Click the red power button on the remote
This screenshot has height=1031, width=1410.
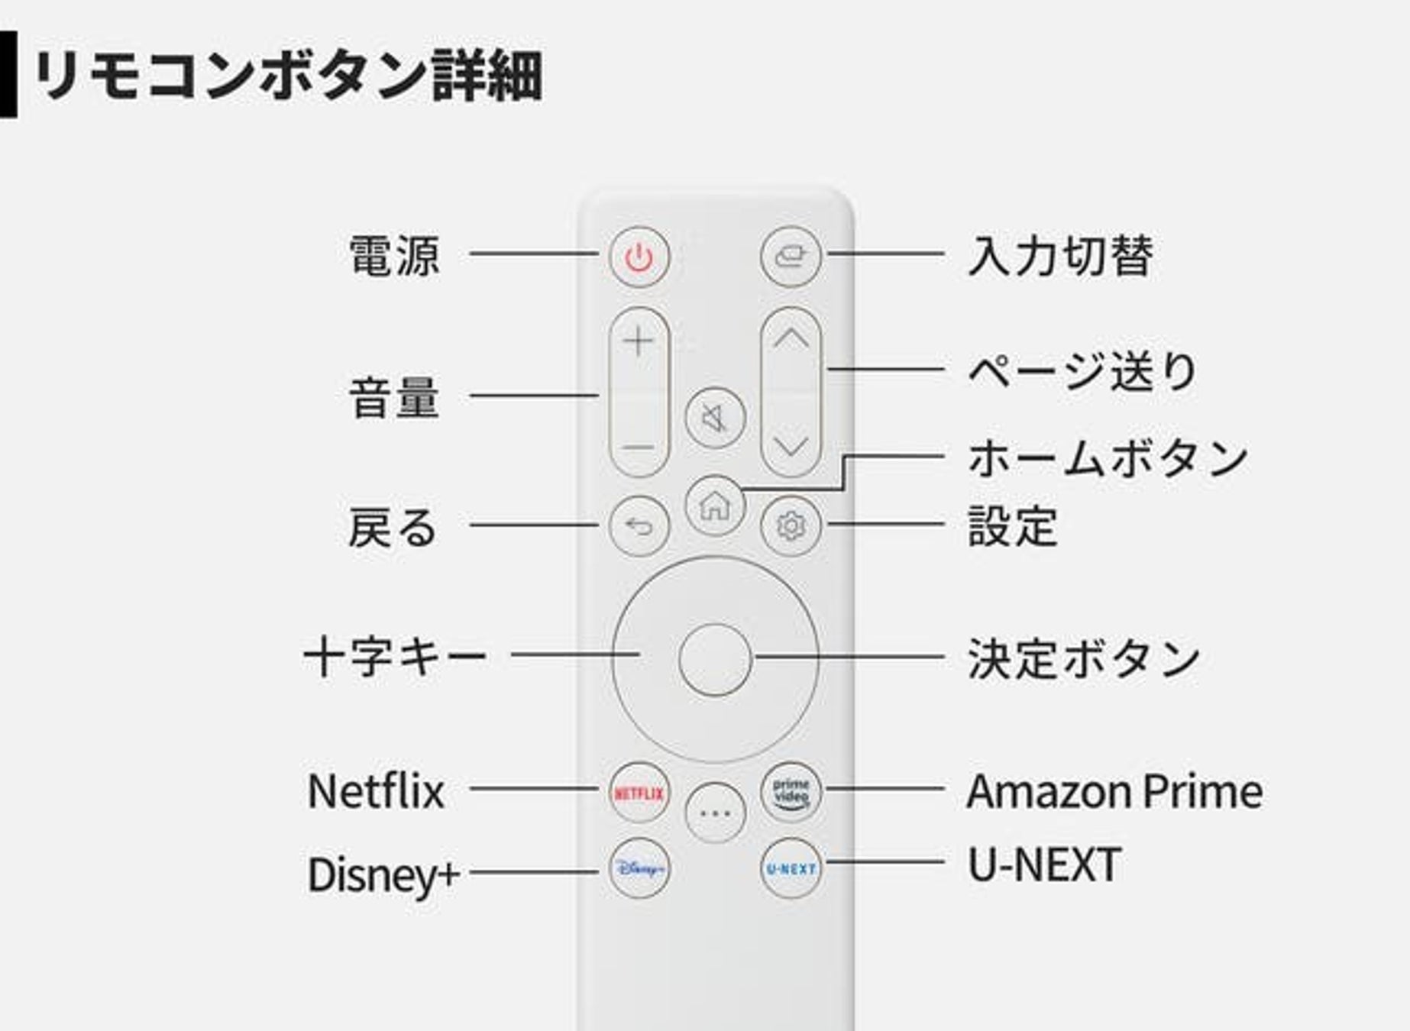click(639, 257)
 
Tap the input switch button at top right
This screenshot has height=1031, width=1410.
click(791, 257)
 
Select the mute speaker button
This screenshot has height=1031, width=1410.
click(715, 418)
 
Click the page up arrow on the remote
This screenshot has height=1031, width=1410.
click(791, 339)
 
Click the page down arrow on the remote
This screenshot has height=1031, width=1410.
click(791, 446)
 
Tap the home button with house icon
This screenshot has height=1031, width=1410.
click(715, 505)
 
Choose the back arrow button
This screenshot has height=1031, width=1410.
click(639, 525)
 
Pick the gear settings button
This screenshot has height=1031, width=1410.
click(791, 525)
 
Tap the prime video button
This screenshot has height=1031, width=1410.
click(791, 792)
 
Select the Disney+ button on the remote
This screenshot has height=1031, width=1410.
click(639, 868)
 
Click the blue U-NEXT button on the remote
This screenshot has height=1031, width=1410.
click(791, 868)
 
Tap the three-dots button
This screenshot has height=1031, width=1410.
click(715, 813)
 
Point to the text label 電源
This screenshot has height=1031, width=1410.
click(394, 256)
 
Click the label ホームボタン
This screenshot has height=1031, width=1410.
click(1107, 458)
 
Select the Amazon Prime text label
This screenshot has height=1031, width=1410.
click(1114, 791)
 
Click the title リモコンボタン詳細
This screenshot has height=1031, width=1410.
click(288, 76)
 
